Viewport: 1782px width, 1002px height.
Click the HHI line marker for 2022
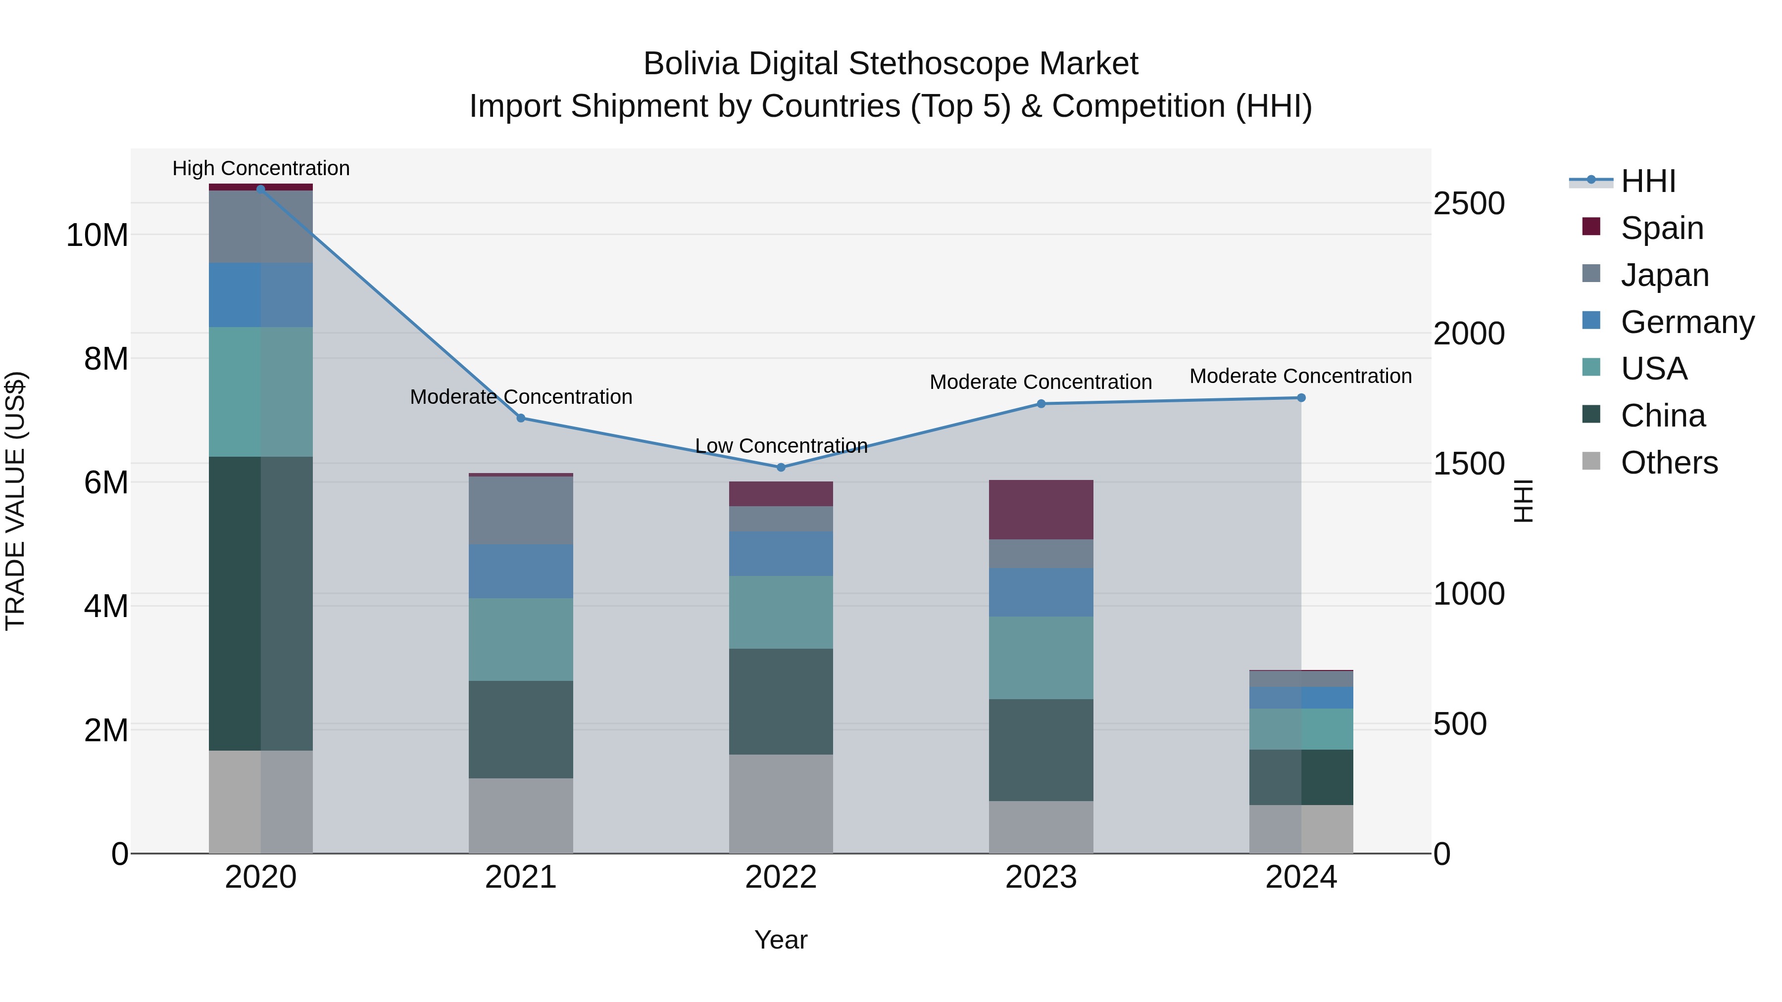[781, 468]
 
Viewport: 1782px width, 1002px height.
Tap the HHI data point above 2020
[261, 189]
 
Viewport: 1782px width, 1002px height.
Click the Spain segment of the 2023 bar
[1040, 510]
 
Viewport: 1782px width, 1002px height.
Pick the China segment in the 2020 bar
[261, 603]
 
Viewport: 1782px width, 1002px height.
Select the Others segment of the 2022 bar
[781, 804]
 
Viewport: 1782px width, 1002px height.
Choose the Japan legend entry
[1664, 275]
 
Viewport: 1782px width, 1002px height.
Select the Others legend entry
[1669, 463]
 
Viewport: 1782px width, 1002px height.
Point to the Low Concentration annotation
[781, 446]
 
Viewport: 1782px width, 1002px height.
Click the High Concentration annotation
[261, 168]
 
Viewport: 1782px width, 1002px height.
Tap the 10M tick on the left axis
[97, 235]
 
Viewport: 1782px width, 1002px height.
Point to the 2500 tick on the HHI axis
[1469, 204]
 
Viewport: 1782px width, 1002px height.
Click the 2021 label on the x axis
[521, 877]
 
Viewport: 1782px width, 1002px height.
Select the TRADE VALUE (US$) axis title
[15, 501]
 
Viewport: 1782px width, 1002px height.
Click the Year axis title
[781, 940]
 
